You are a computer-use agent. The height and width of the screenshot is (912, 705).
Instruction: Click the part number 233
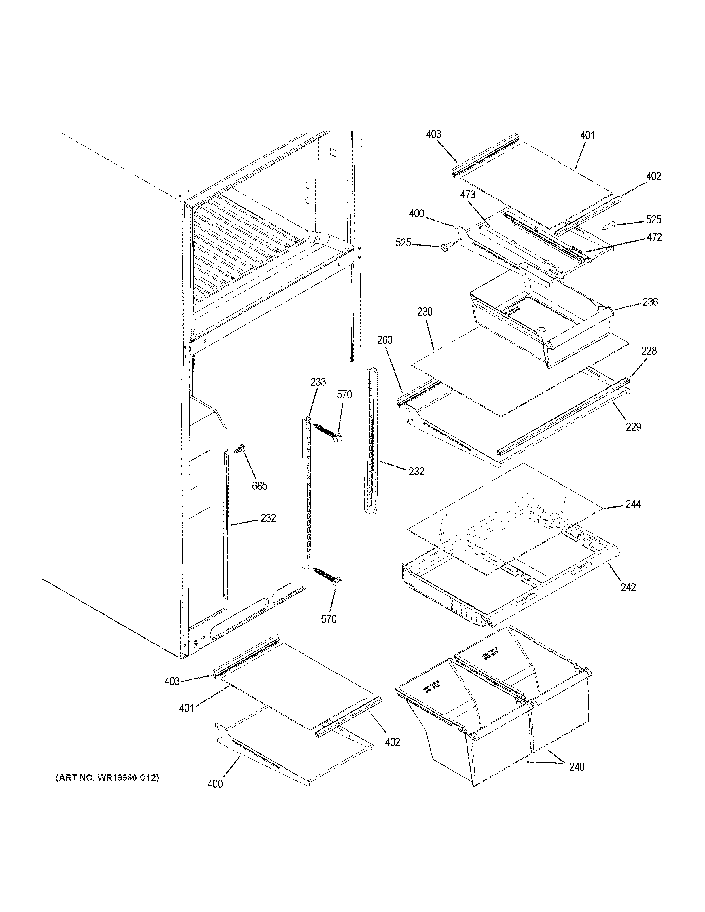tap(318, 382)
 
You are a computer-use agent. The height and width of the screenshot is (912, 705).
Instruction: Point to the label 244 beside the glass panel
tap(633, 504)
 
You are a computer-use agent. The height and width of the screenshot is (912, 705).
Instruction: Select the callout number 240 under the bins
tap(576, 767)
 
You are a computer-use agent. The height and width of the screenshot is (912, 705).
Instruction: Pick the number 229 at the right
tap(633, 427)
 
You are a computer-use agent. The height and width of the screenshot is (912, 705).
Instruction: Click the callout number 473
tap(468, 194)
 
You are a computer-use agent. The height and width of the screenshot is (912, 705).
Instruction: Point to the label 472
tap(654, 237)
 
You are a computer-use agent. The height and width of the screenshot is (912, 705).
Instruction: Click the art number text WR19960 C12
tap(107, 778)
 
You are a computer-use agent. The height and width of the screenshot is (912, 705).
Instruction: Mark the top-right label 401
tap(587, 135)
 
